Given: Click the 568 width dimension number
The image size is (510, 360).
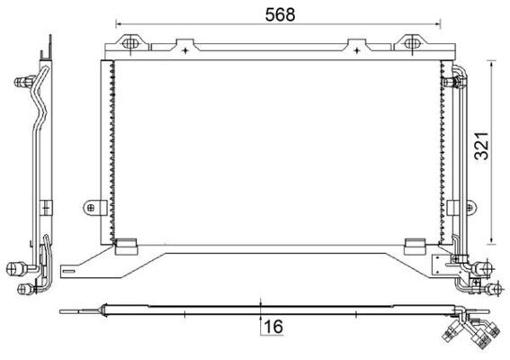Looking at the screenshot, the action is [280, 14].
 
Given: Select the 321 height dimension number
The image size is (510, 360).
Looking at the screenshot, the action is [482, 146].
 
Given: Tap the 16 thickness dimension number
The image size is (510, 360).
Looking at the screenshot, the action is [273, 327].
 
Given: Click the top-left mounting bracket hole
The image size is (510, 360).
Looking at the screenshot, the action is [130, 43].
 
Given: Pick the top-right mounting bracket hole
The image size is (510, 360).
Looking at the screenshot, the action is [411, 43].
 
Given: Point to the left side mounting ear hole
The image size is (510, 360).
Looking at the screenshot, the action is [91, 207].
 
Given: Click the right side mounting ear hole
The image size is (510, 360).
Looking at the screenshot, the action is [470, 207].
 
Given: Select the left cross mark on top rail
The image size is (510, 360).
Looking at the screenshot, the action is [185, 50].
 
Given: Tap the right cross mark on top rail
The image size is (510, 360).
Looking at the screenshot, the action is [357, 50].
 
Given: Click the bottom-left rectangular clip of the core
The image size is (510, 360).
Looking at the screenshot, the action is [127, 247].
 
